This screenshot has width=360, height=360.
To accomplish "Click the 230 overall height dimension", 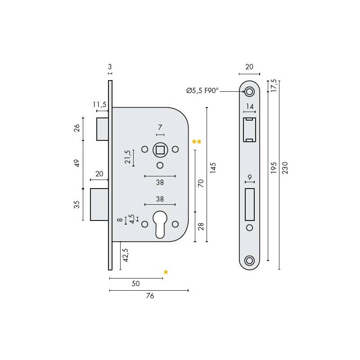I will pos(284,167).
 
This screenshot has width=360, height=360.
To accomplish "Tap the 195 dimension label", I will pos(274,167).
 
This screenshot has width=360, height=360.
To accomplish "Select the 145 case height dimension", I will pos(213,168).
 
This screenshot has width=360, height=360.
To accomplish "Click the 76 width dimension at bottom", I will pos(150,296).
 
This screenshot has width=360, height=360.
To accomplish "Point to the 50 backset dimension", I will pos(135,283).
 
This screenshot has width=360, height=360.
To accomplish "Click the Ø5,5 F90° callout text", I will pos(202,91).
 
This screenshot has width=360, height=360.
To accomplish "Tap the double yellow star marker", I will pos(197,142).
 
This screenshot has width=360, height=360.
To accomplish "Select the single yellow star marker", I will pos(166,272).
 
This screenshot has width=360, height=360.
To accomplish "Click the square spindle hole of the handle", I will pos(160,149).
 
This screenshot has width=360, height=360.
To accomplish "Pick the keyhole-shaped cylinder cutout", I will pos(160,224).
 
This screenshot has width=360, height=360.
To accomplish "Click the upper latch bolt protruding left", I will pos(102,129).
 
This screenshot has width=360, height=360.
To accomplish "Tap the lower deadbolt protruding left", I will pos(99,204).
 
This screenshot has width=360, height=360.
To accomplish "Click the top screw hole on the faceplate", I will pos(249,92).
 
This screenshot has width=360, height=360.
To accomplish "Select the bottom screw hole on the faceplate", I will pos(249,260).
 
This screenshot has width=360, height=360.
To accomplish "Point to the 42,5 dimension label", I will pos(126,255).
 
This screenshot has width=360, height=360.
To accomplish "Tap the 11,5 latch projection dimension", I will pos(99,105).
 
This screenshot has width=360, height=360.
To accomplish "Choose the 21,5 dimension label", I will pos(128,157).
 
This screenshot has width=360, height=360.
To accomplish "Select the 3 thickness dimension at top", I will pos(110,67).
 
